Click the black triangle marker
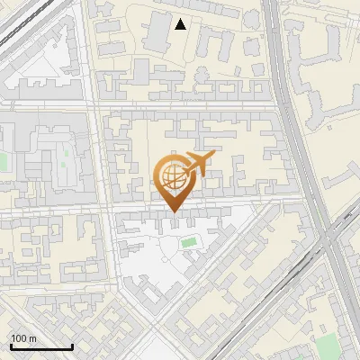(181, 24)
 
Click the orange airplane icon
(195, 165)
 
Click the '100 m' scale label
(23, 337)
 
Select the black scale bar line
(41, 346)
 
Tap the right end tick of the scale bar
(72, 345)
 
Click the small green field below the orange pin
(188, 242)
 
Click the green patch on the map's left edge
(3, 163)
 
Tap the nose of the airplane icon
(213, 157)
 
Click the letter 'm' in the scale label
(32, 337)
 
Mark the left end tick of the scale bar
(11, 345)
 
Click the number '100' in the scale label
(19, 337)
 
